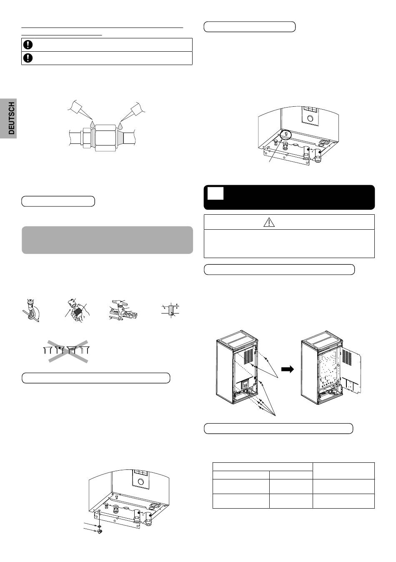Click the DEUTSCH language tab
pyautogui.click(x=8, y=118)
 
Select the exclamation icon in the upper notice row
pyautogui.click(x=28, y=45)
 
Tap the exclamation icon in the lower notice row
pyautogui.click(x=28, y=58)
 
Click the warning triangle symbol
pyautogui.click(x=269, y=222)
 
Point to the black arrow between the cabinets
pyautogui.click(x=287, y=369)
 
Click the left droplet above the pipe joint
pyautogui.click(x=93, y=124)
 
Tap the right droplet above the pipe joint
pyautogui.click(x=121, y=124)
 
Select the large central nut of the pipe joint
pyautogui.click(x=105, y=138)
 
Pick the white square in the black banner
pyautogui.click(x=216, y=194)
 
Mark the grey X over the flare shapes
pyautogui.click(x=68, y=351)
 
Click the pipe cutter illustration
pyautogui.click(x=30, y=311)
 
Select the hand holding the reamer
pyautogui.click(x=77, y=313)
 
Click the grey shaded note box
pyautogui.click(x=108, y=240)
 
